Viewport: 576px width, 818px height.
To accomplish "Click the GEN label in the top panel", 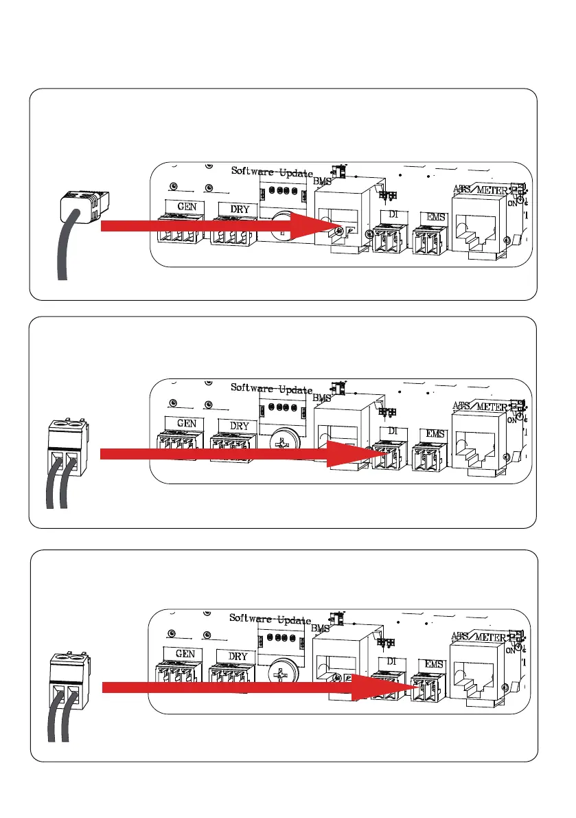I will tap(185, 205).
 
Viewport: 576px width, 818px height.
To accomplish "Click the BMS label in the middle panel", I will tap(321, 398).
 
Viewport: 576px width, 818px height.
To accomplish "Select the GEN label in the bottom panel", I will tap(185, 655).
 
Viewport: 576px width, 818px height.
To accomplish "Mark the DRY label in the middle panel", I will tap(239, 426).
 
